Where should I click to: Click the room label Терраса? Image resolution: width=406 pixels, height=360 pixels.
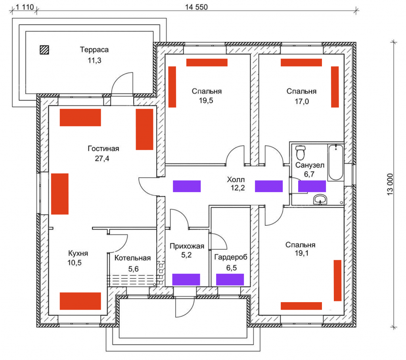[x=94, y=50]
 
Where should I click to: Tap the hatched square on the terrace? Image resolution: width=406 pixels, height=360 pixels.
[x=44, y=50]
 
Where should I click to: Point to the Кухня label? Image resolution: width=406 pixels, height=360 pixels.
[x=78, y=253]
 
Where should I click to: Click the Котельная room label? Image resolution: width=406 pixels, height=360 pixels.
[x=132, y=258]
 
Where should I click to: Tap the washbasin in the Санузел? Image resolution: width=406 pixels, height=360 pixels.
[x=320, y=200]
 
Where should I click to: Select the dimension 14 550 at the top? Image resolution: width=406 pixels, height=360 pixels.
[x=196, y=7]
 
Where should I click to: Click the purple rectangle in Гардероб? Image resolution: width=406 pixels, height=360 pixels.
[x=230, y=279]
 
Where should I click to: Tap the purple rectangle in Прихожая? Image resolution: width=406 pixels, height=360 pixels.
[x=186, y=279]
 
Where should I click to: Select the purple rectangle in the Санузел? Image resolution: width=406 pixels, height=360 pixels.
[x=312, y=186]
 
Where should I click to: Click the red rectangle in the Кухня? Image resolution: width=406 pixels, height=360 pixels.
[x=80, y=301]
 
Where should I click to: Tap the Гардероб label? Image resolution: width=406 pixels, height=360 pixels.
[x=231, y=257]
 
